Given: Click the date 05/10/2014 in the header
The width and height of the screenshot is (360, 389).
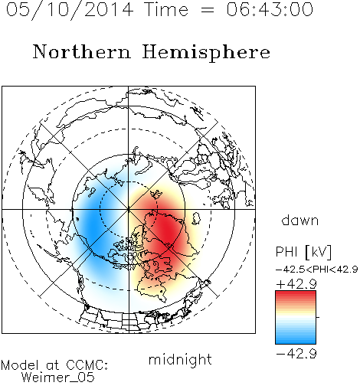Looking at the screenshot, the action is click(x=70, y=10).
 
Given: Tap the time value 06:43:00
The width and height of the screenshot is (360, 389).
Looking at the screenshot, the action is click(x=270, y=9).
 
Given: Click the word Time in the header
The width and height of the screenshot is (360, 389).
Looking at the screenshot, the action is click(x=166, y=9).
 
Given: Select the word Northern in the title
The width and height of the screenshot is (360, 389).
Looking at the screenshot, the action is click(x=82, y=51).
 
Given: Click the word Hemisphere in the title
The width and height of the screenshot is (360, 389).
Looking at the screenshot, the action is click(x=206, y=53).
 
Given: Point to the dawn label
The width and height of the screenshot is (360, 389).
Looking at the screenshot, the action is click(x=300, y=220).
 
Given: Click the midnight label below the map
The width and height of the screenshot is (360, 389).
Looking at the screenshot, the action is click(x=180, y=359).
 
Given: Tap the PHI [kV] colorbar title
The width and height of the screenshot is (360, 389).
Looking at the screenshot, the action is click(x=303, y=252).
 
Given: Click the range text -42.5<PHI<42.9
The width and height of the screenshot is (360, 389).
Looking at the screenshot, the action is click(x=316, y=270).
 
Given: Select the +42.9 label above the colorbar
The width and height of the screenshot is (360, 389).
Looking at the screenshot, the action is click(x=296, y=284).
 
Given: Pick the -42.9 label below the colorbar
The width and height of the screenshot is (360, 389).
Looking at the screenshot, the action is click(x=296, y=354).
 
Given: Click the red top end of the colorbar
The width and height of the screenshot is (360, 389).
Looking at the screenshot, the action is click(x=296, y=293).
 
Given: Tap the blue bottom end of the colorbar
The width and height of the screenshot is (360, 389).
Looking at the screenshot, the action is click(x=296, y=342).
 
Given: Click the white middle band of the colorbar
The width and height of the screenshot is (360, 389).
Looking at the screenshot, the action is click(x=296, y=317).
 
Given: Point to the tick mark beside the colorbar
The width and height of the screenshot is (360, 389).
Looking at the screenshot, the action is click(x=318, y=317).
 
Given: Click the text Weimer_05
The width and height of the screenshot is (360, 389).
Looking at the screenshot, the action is click(x=58, y=378).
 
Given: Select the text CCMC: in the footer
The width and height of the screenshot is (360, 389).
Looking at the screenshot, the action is click(x=87, y=365).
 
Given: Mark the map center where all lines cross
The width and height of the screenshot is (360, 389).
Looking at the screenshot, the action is click(x=129, y=209).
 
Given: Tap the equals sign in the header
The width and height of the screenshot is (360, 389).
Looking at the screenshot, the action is click(x=208, y=11).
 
